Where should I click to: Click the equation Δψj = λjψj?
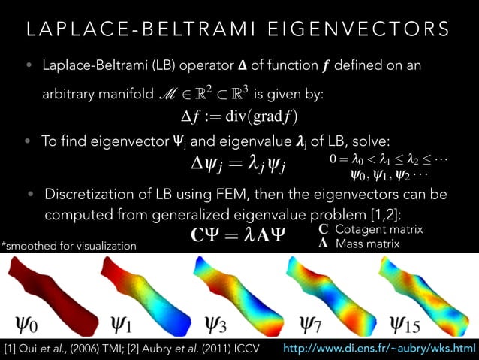[x=239, y=162]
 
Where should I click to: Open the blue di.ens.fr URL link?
[x=379, y=349]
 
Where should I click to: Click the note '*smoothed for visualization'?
[x=69, y=246]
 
